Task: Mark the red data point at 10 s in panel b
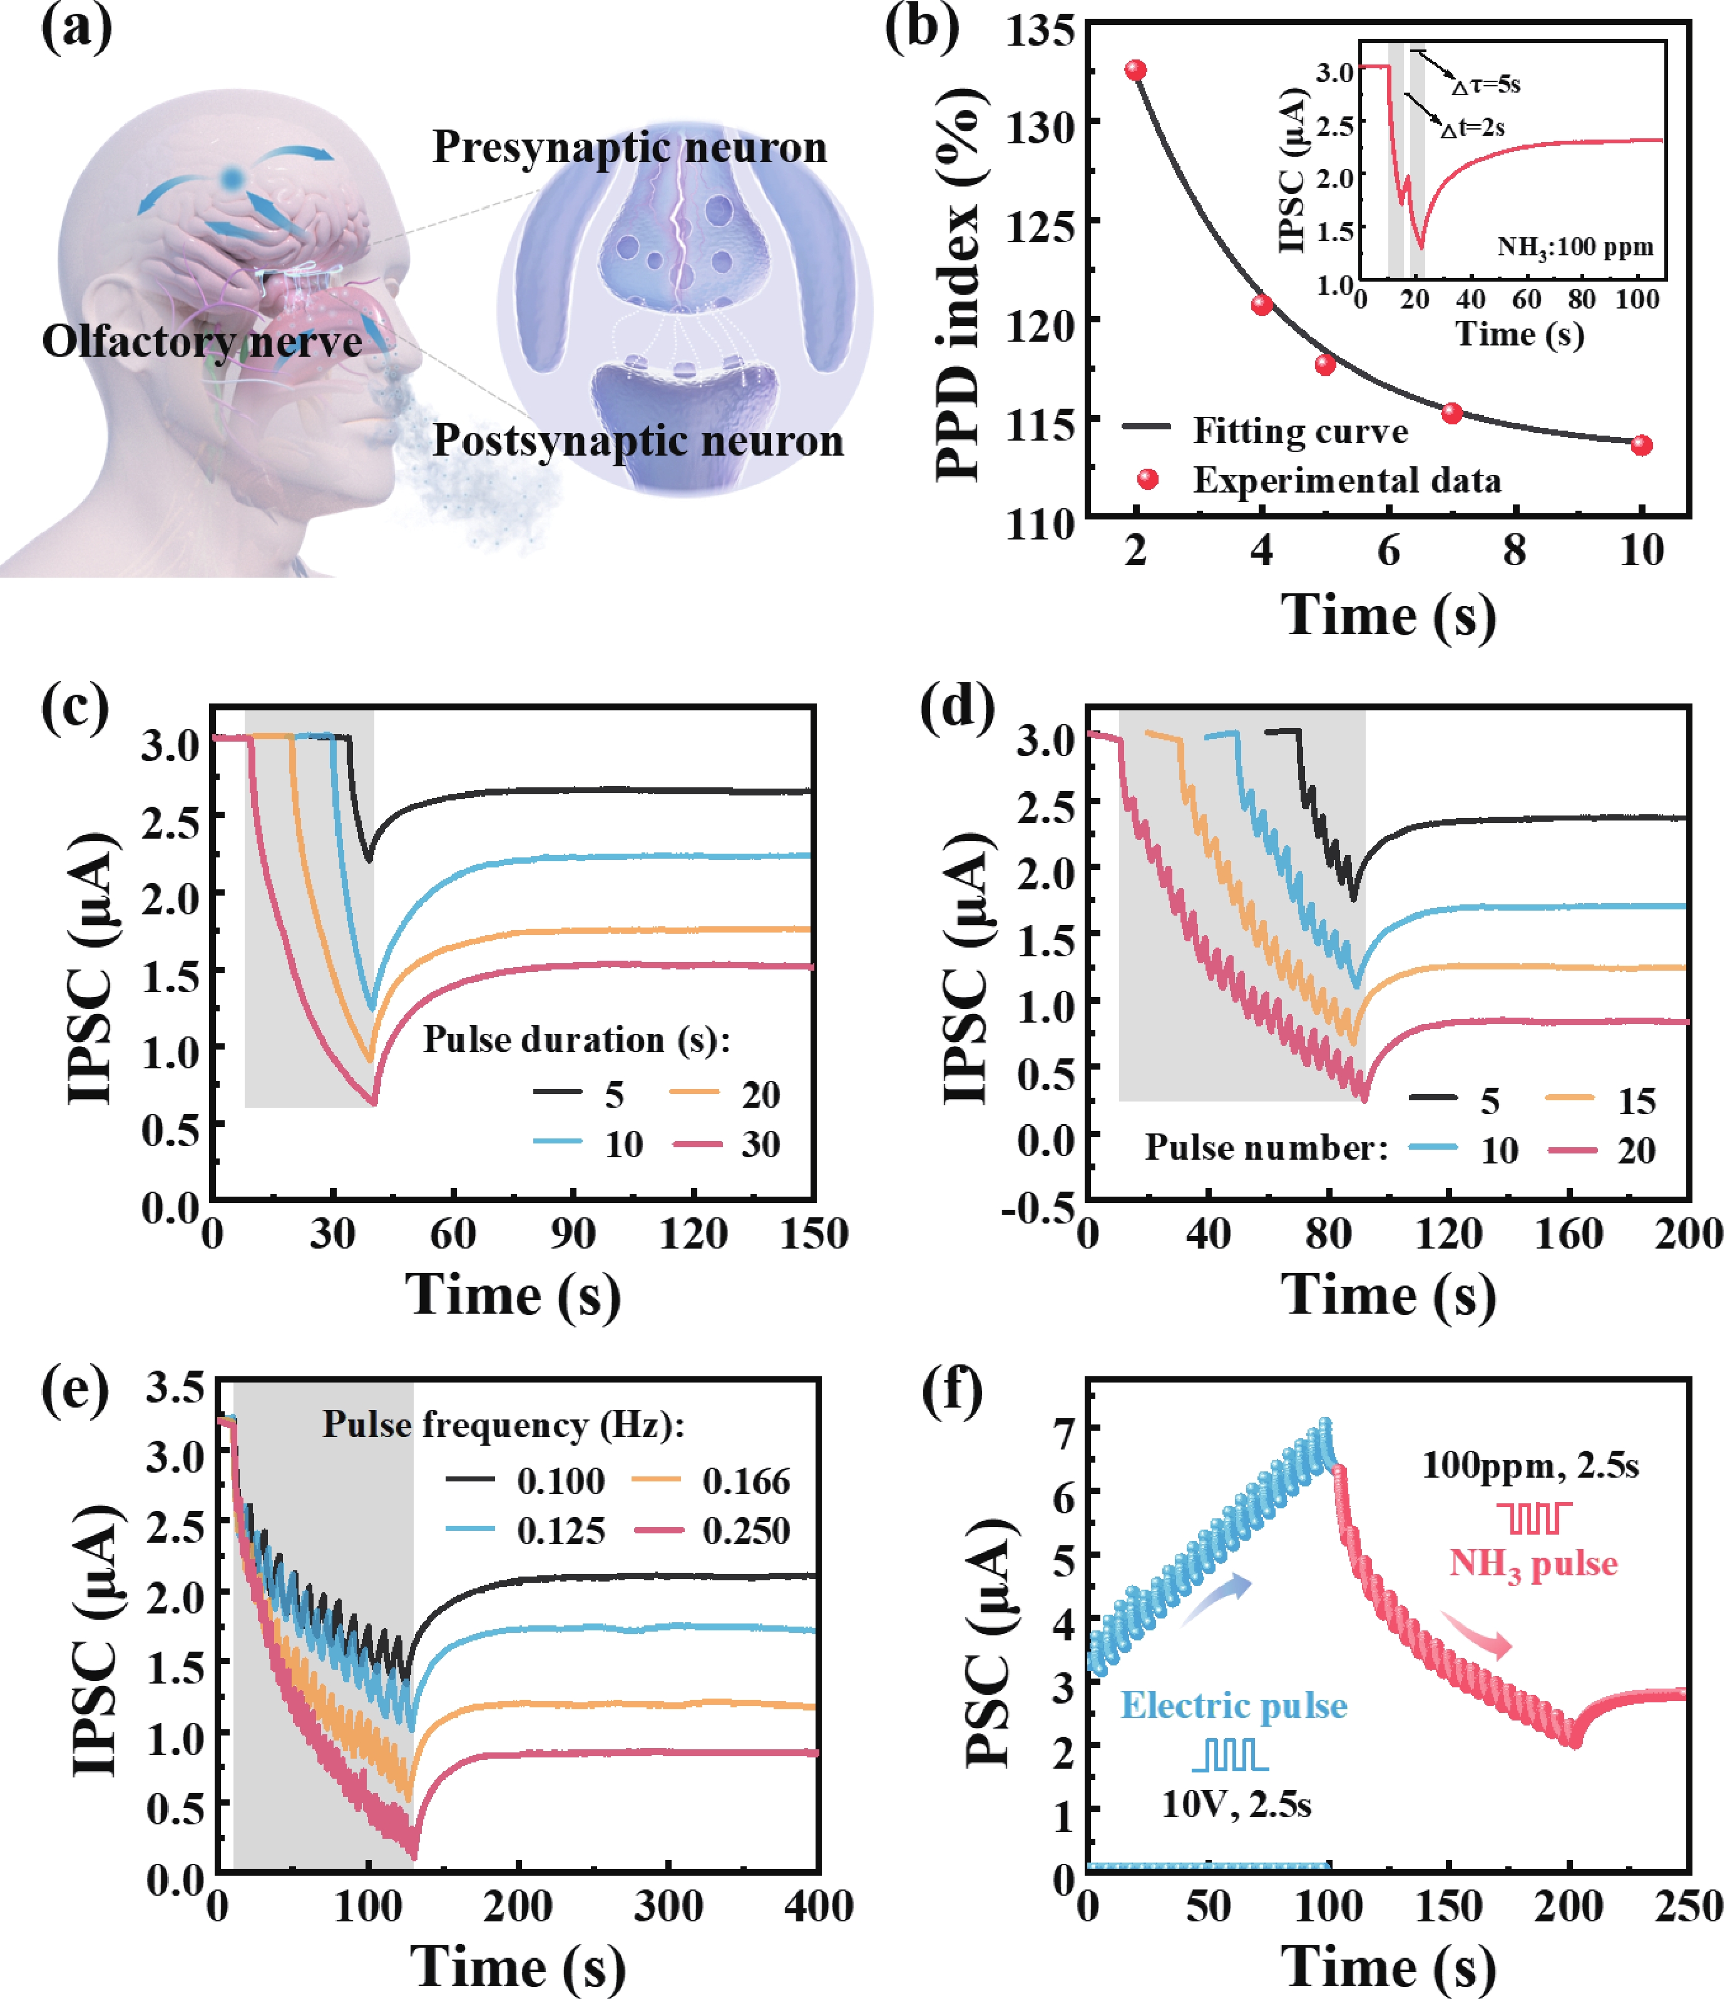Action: [x=1641, y=445]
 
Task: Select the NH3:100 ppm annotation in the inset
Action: [x=1575, y=247]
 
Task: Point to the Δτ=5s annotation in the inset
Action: [x=1487, y=85]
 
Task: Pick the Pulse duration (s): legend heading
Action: [x=576, y=1040]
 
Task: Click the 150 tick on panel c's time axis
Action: [x=813, y=1234]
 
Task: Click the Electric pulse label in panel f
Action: [x=1233, y=1705]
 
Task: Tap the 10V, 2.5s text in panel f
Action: [x=1236, y=1804]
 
